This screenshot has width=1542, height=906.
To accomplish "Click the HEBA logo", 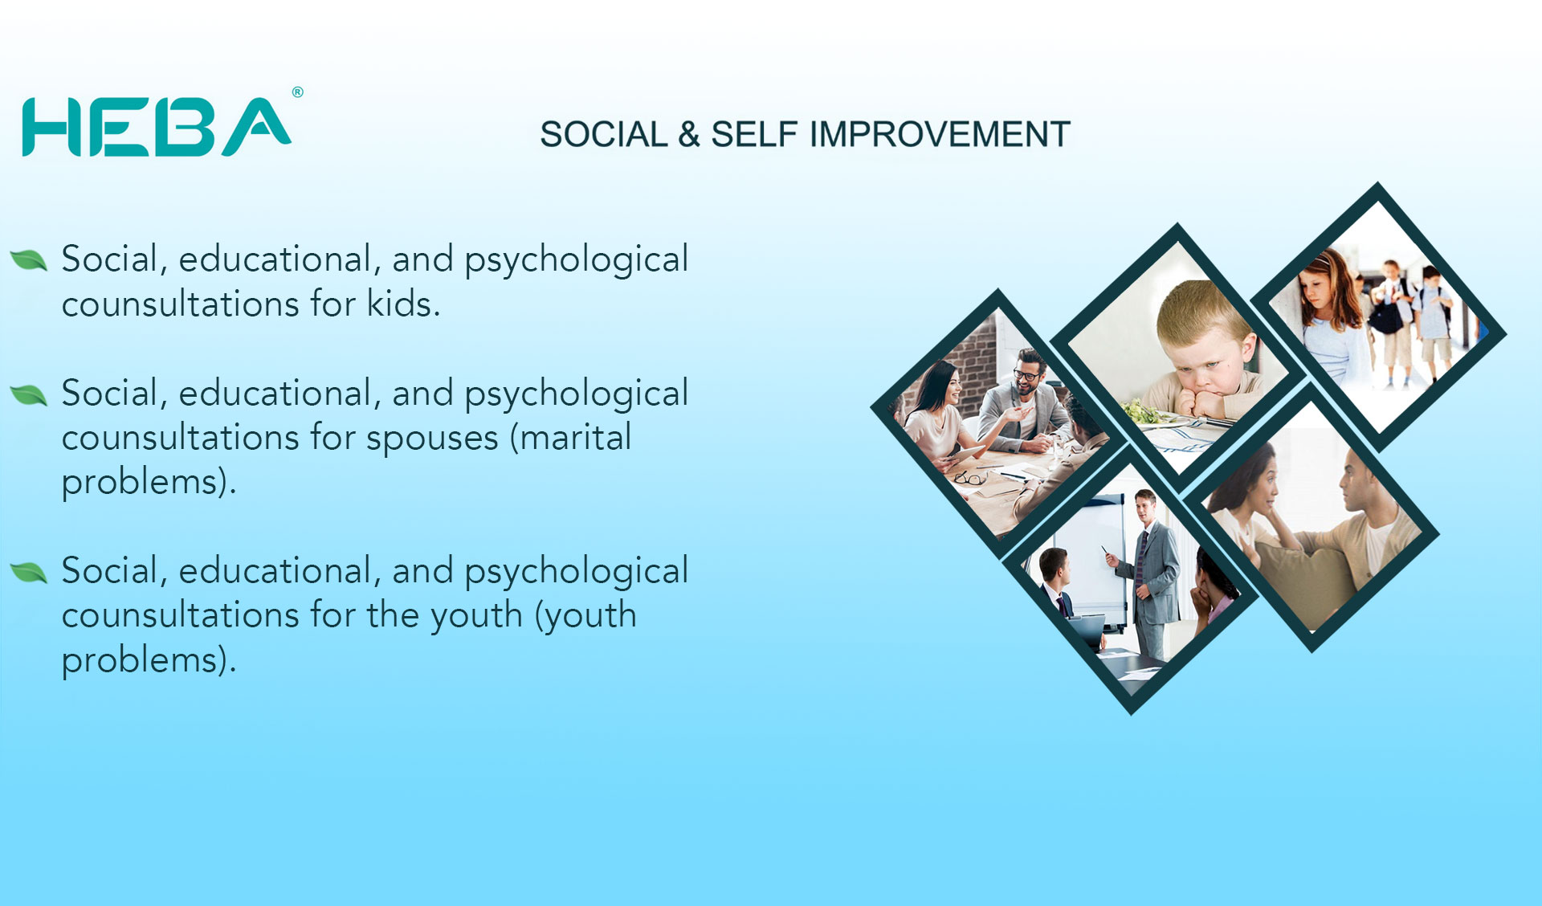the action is pos(157,126).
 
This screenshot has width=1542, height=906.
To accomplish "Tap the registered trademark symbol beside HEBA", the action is pos(298,92).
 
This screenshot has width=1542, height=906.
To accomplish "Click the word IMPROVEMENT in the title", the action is pos(940,134).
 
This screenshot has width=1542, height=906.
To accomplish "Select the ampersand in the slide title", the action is pos(689,134).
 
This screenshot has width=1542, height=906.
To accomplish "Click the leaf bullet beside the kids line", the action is pos(29,260).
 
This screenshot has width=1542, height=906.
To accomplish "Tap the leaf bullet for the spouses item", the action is pos(29,394).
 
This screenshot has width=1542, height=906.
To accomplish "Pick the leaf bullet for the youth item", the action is pos(29,572).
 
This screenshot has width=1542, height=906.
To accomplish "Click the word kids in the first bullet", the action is pos(403,304).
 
